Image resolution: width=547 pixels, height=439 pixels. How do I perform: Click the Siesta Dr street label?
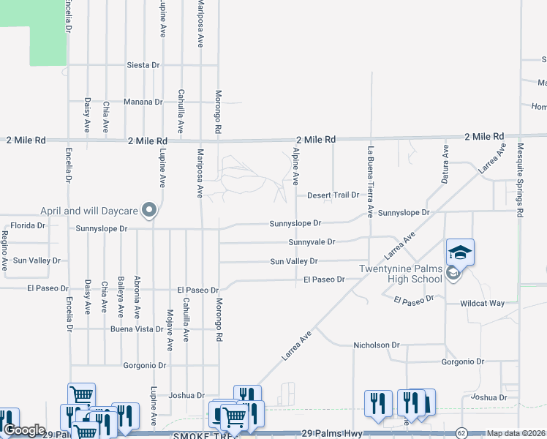pos(143,65)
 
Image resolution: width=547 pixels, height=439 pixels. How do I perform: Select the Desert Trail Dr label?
pos(333,195)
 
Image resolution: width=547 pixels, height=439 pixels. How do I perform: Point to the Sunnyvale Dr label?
pos(312,241)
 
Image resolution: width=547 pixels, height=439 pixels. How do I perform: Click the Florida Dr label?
pos(28,225)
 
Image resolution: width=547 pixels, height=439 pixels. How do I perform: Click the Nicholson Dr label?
pos(376,345)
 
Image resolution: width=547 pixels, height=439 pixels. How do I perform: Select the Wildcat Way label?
pos(482,303)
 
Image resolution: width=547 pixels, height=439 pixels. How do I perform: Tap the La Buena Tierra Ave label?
pos(370,182)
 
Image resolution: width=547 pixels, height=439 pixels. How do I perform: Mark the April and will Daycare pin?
pos(149,211)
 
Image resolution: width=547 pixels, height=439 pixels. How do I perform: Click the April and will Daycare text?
pos(89,211)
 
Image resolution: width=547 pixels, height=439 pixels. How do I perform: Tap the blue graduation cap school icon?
pos(460,252)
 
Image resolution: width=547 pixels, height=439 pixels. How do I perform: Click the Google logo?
pos(24,431)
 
